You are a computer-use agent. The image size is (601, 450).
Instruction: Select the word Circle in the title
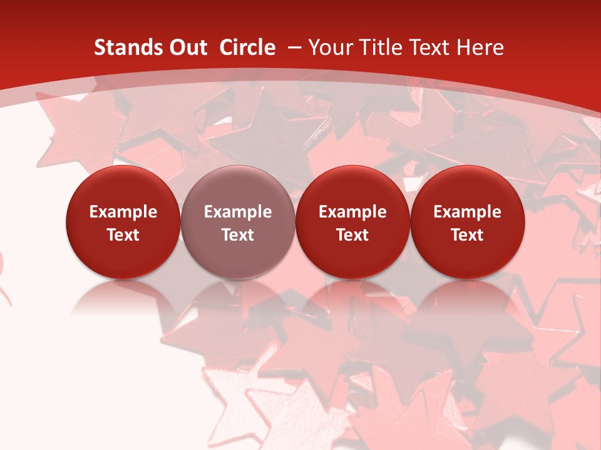(x=247, y=47)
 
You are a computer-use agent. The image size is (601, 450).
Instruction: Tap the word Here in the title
(x=480, y=47)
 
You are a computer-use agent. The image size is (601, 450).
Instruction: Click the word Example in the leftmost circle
(x=123, y=212)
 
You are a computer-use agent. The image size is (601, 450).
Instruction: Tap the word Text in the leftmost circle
(x=123, y=235)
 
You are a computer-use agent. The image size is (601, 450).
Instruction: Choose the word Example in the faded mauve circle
(x=238, y=212)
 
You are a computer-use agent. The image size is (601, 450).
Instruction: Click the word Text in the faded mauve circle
(x=238, y=235)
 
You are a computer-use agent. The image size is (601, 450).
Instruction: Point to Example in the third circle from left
(x=352, y=212)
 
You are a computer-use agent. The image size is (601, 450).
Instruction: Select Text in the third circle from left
(x=352, y=235)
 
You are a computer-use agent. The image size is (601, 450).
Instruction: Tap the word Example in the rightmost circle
(x=467, y=212)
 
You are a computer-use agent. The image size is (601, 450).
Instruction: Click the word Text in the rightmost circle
(x=467, y=235)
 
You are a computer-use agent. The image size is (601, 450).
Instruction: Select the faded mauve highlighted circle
(x=238, y=181)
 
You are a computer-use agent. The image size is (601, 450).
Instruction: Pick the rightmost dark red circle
(x=467, y=181)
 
